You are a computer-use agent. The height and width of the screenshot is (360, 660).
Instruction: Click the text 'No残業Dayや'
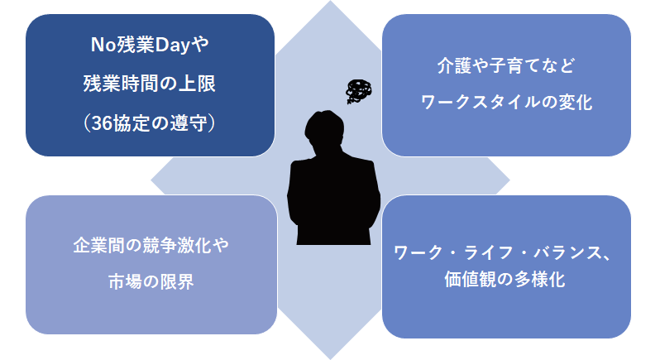pyautogui.click(x=150, y=45)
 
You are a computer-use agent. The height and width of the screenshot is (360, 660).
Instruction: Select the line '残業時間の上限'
pyautogui.click(x=150, y=84)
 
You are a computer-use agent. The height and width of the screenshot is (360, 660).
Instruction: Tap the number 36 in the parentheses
pyautogui.click(x=102, y=123)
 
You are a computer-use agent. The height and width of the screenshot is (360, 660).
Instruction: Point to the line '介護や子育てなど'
pyautogui.click(x=506, y=65)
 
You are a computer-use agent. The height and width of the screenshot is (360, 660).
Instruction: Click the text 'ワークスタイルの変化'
pyautogui.click(x=506, y=103)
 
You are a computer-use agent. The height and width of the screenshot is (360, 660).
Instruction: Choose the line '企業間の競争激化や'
pyautogui.click(x=151, y=246)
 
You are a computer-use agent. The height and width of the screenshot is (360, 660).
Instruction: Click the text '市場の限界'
pyautogui.click(x=151, y=281)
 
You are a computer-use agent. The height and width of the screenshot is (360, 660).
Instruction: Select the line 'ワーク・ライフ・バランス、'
pyautogui.click(x=502, y=252)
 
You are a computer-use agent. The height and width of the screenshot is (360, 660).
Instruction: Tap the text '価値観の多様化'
pyautogui.click(x=505, y=279)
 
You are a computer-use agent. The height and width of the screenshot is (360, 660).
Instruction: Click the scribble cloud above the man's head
pyautogui.click(x=359, y=91)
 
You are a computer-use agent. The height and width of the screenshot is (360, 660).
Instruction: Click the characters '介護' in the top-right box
pyautogui.click(x=454, y=65)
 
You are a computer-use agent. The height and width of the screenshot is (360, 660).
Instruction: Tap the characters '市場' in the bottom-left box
pyautogui.click(x=126, y=281)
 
